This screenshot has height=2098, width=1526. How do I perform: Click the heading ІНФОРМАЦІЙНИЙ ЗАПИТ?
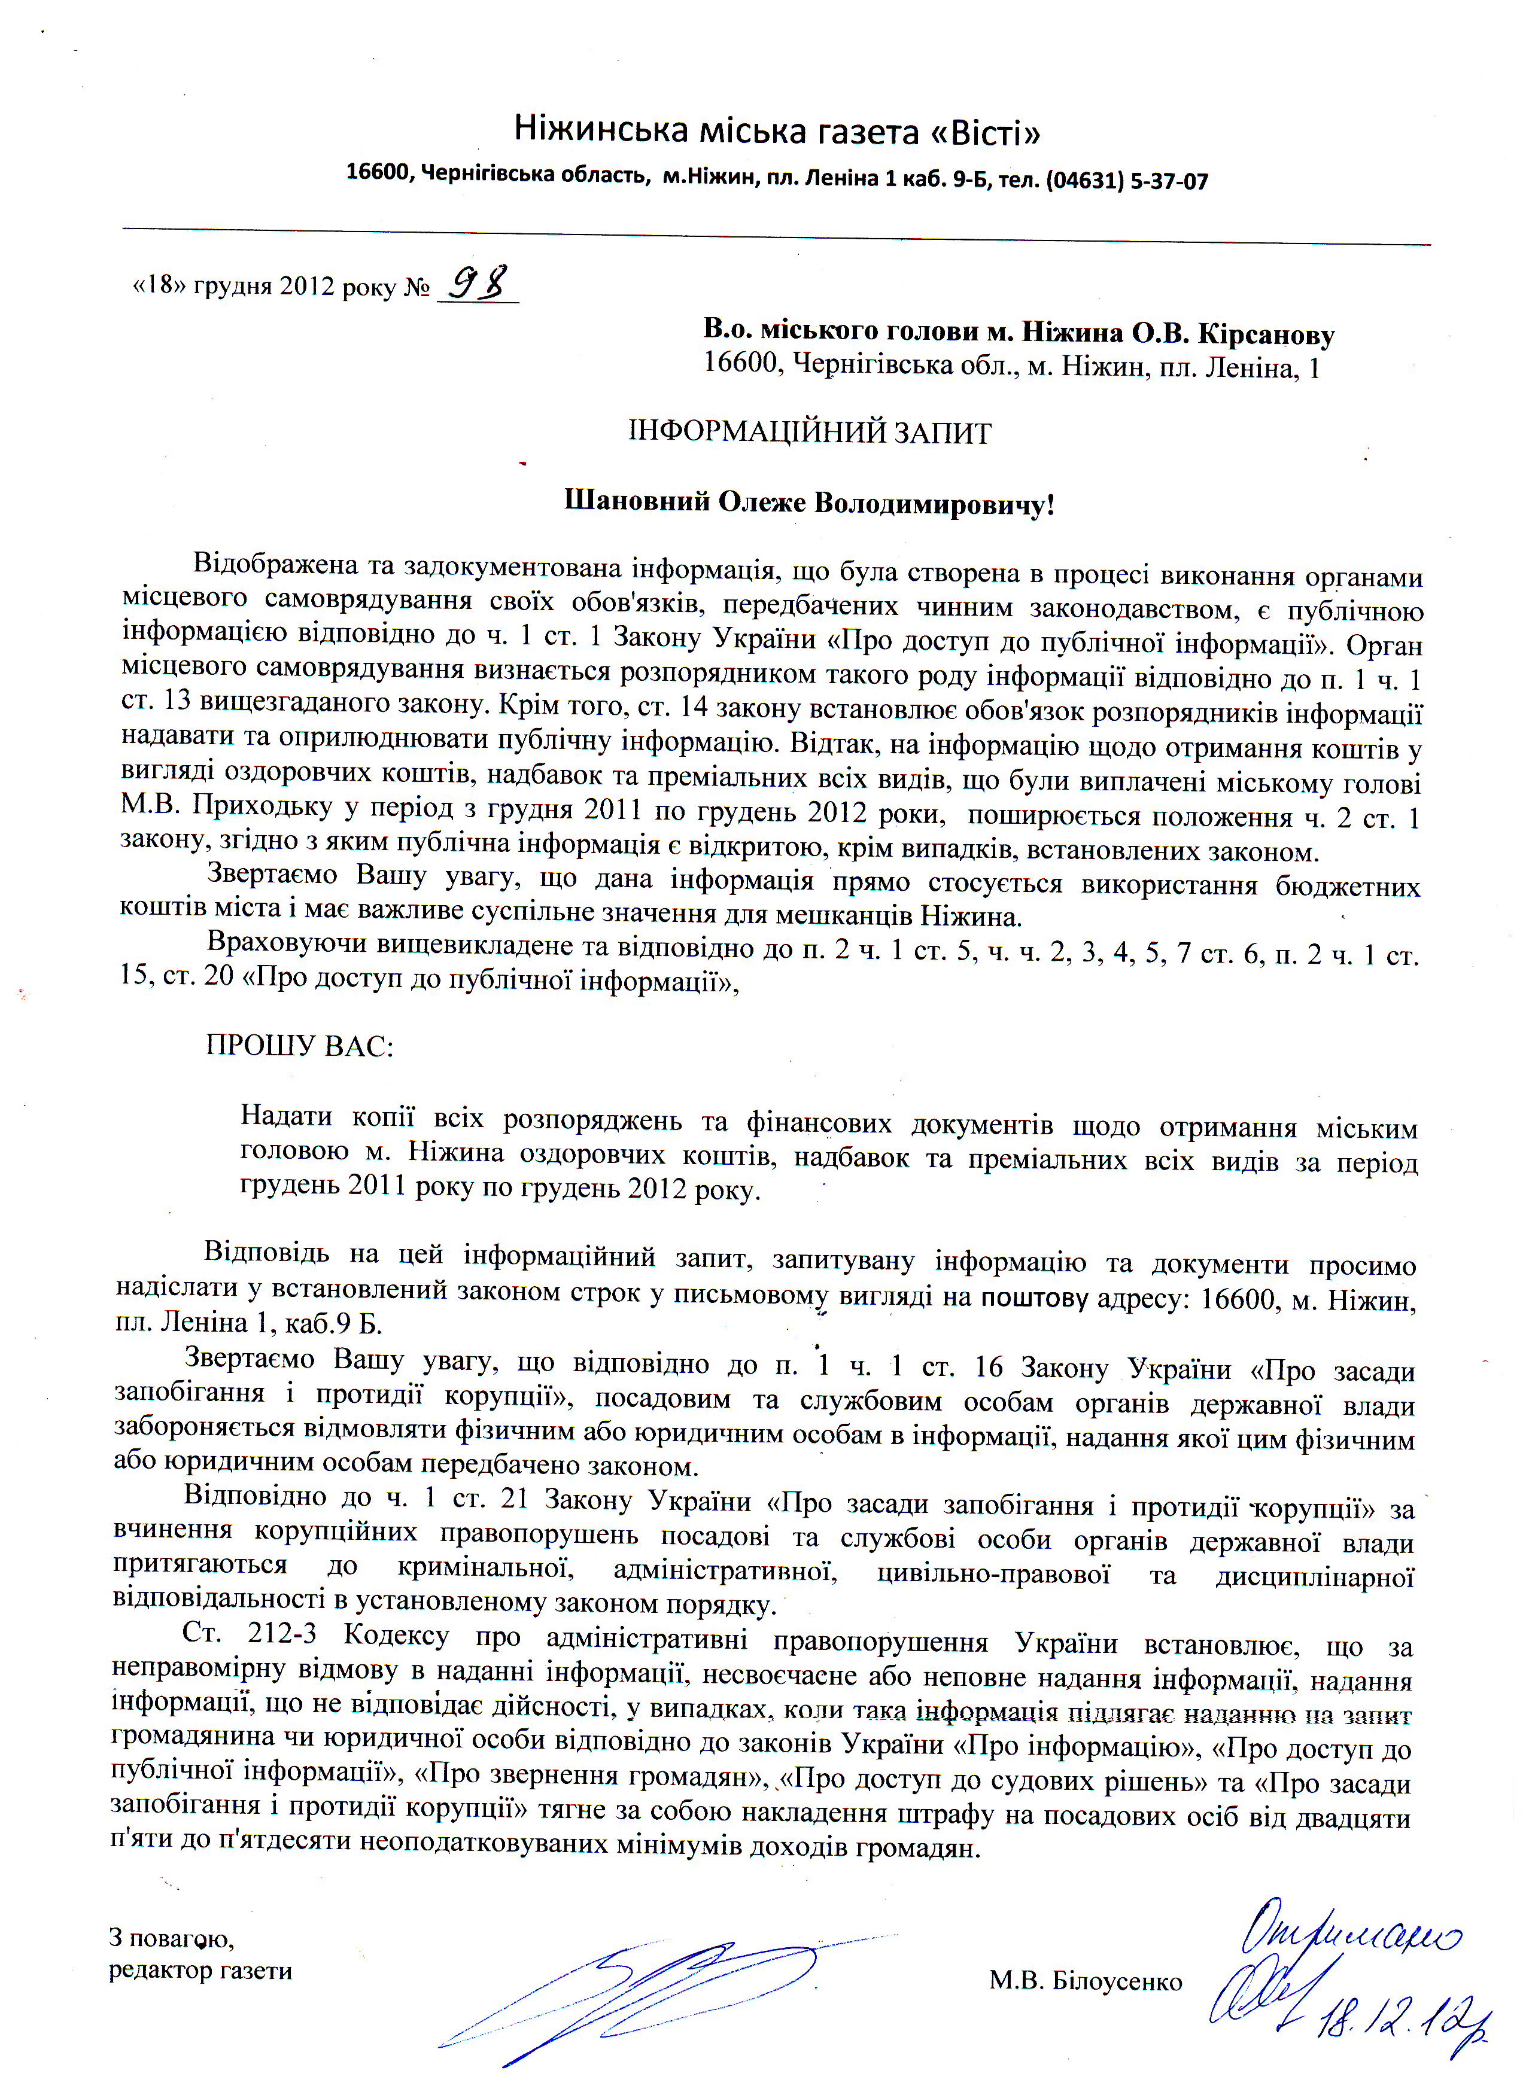(x=810, y=433)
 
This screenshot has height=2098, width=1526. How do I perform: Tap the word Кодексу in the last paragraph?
(x=396, y=1636)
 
